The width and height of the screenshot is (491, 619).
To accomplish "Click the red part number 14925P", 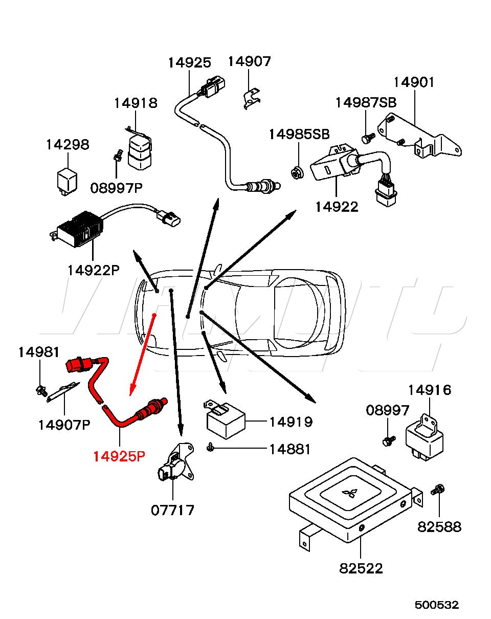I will pos(119,456).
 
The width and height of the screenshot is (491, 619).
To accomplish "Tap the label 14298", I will pos(67,145).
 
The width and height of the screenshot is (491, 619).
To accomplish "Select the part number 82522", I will pos(361,568).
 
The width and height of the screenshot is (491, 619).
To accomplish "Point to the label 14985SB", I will pos(299,135).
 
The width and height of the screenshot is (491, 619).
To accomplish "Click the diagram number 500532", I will pos(436,605).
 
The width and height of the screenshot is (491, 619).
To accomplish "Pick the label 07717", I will pos(172,510).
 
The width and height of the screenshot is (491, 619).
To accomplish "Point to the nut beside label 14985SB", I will pos(296,173).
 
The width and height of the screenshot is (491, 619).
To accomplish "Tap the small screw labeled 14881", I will pos(210,448).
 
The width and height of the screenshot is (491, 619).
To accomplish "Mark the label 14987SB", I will pos(366,102).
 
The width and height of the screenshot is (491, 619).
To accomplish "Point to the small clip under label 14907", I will pos(250,98).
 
